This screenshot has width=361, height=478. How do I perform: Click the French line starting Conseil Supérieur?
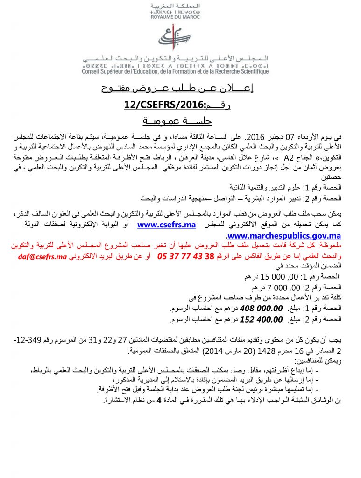pos(175,71)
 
